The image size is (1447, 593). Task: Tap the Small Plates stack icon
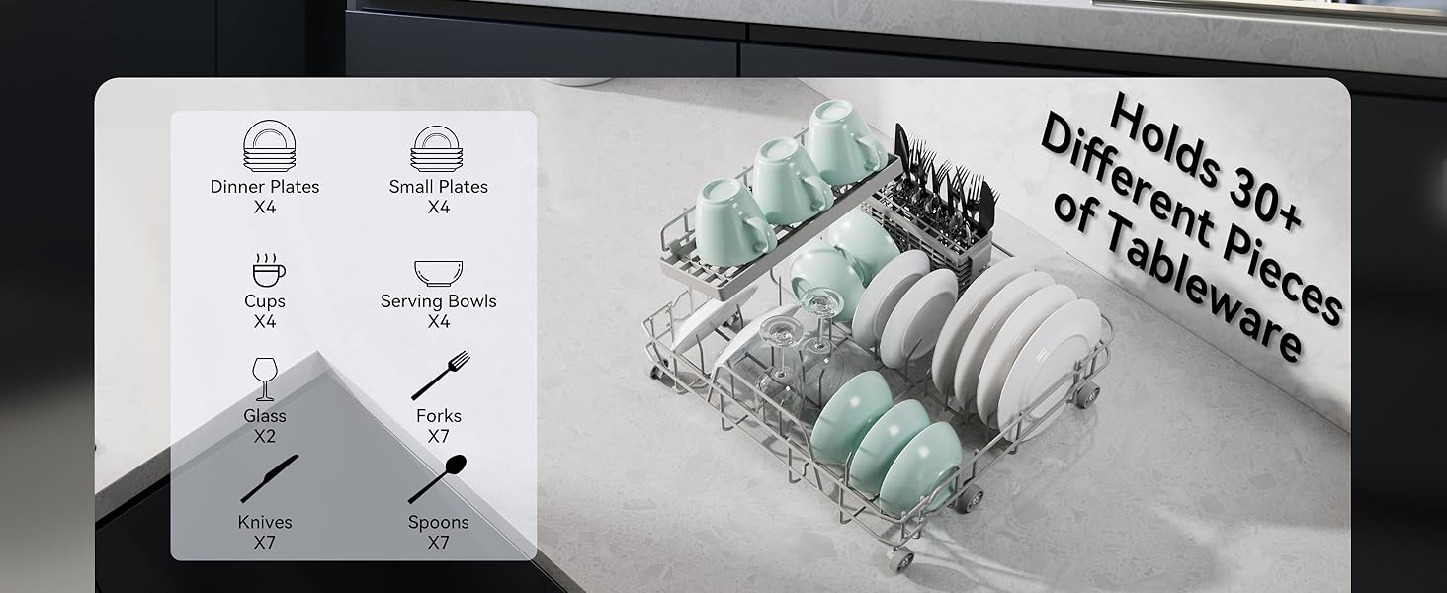(438, 148)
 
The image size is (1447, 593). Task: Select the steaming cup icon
(266, 269)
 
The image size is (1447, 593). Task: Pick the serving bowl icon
(438, 273)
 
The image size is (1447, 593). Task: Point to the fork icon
(440, 376)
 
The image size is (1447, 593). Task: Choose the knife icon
(268, 479)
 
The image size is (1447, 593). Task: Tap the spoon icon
(438, 478)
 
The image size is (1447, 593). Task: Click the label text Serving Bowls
(438, 301)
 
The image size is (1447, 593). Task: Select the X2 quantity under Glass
(265, 436)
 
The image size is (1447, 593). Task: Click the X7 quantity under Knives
(265, 543)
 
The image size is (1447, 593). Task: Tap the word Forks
(439, 416)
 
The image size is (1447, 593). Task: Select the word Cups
(265, 301)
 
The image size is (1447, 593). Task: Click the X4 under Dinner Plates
(265, 207)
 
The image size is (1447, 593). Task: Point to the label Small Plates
(438, 187)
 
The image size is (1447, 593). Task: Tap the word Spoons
(438, 522)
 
